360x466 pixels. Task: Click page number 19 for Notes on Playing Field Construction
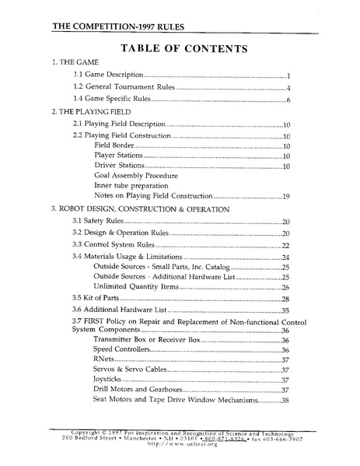pyautogui.click(x=285, y=197)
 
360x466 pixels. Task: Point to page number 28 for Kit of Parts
pyautogui.click(x=285, y=299)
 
